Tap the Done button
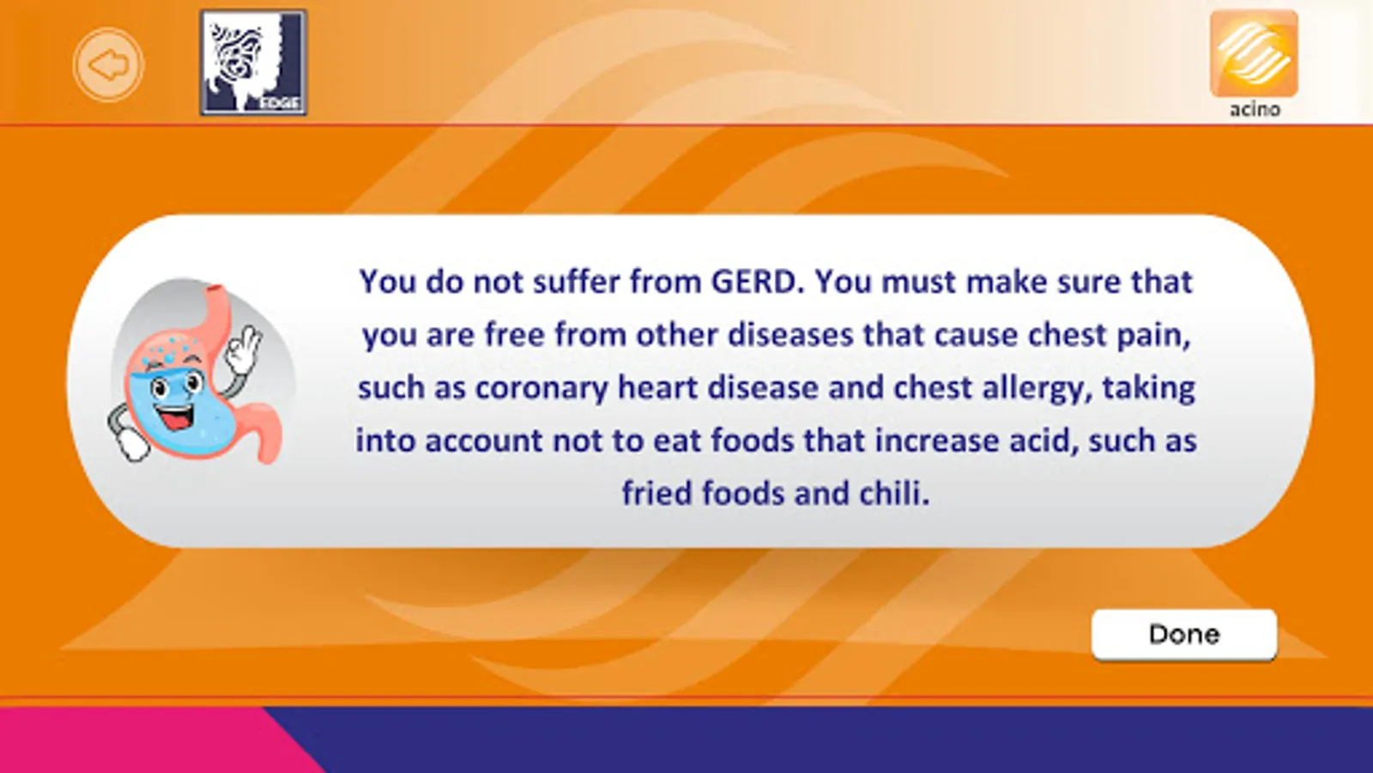[1184, 635]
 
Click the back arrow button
[108, 64]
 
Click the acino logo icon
[1254, 53]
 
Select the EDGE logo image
[253, 63]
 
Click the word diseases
[790, 335]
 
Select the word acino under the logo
[1254, 110]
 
